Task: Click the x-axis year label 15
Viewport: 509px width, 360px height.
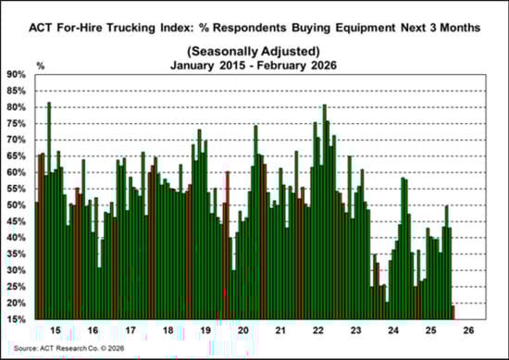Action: (55, 329)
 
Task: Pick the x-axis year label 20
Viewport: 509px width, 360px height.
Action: (243, 329)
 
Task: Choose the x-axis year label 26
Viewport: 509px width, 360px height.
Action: (470, 329)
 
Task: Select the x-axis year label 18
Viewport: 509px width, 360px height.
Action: (168, 329)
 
